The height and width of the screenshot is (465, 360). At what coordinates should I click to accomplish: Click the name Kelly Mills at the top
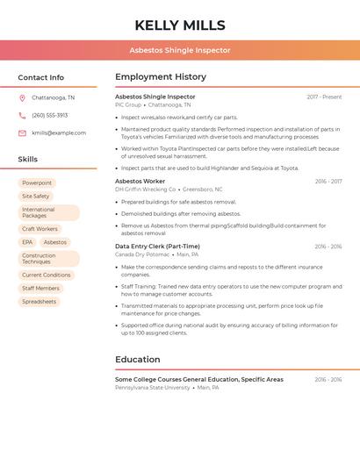pos(180,25)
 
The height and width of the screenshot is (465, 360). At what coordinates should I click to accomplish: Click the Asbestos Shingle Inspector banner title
pos(180,50)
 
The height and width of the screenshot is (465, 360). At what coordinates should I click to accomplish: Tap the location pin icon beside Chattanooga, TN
pos(22,98)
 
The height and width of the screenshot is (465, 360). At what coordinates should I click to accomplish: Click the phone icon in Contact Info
pos(22,115)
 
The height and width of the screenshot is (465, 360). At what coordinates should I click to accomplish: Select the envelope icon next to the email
pos(22,133)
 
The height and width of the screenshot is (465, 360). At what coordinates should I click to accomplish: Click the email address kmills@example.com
pos(59,133)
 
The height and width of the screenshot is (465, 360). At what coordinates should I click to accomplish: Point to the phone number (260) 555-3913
pos(50,115)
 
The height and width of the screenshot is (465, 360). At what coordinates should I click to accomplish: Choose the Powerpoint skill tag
pos(37,182)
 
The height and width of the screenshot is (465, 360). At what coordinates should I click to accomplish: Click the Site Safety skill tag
pos(36,197)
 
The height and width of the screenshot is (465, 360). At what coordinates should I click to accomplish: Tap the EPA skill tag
pos(27,242)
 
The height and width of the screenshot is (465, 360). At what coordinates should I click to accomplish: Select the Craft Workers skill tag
pos(40,229)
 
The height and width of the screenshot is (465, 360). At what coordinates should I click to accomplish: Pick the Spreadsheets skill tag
pos(39,302)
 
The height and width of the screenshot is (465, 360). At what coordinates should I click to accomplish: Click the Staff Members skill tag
pos(40,289)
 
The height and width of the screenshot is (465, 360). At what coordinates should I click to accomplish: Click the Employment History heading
pos(161,77)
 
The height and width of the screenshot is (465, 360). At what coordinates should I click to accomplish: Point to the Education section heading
pos(138,360)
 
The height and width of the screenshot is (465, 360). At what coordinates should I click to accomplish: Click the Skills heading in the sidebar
pos(28,160)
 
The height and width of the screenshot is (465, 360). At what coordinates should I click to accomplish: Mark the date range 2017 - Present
pos(324,97)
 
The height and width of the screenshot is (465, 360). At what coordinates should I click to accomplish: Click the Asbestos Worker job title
pos(140,181)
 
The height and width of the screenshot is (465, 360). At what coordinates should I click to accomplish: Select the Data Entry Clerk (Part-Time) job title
pos(157,247)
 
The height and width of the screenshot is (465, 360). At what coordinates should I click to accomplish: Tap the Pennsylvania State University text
pos(152,387)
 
